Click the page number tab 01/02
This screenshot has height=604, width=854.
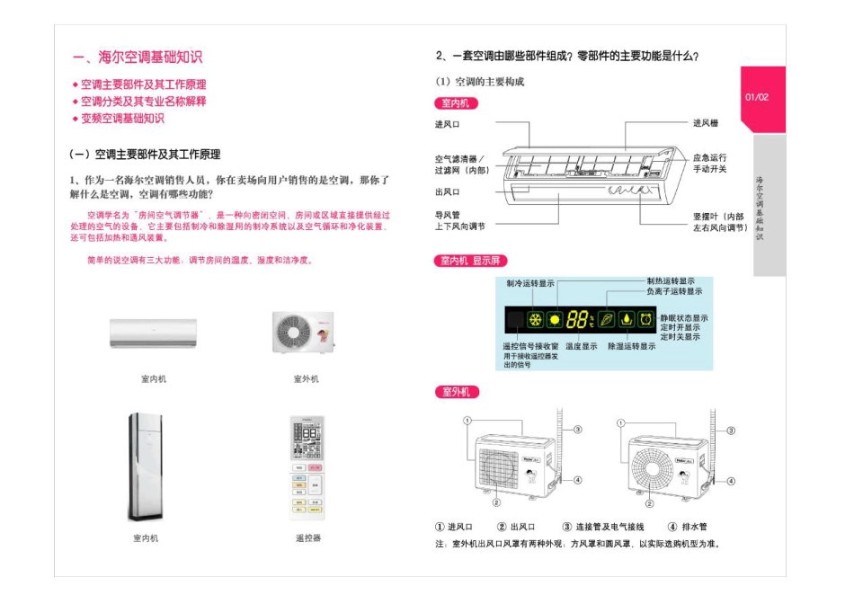point(758,97)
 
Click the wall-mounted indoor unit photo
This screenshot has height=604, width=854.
point(153,333)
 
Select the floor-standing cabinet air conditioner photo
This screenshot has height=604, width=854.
point(146,467)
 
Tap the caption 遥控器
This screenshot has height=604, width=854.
point(307,537)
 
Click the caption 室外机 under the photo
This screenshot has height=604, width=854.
point(306,378)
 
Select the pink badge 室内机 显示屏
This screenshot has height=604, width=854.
point(471,261)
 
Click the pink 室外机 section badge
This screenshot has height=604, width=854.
point(457,392)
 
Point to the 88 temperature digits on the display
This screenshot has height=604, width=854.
point(579,319)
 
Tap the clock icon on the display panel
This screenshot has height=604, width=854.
point(645,319)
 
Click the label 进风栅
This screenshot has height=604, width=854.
point(705,123)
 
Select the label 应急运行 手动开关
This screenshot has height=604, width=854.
point(709,163)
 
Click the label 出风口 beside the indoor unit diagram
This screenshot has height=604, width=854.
point(448,191)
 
